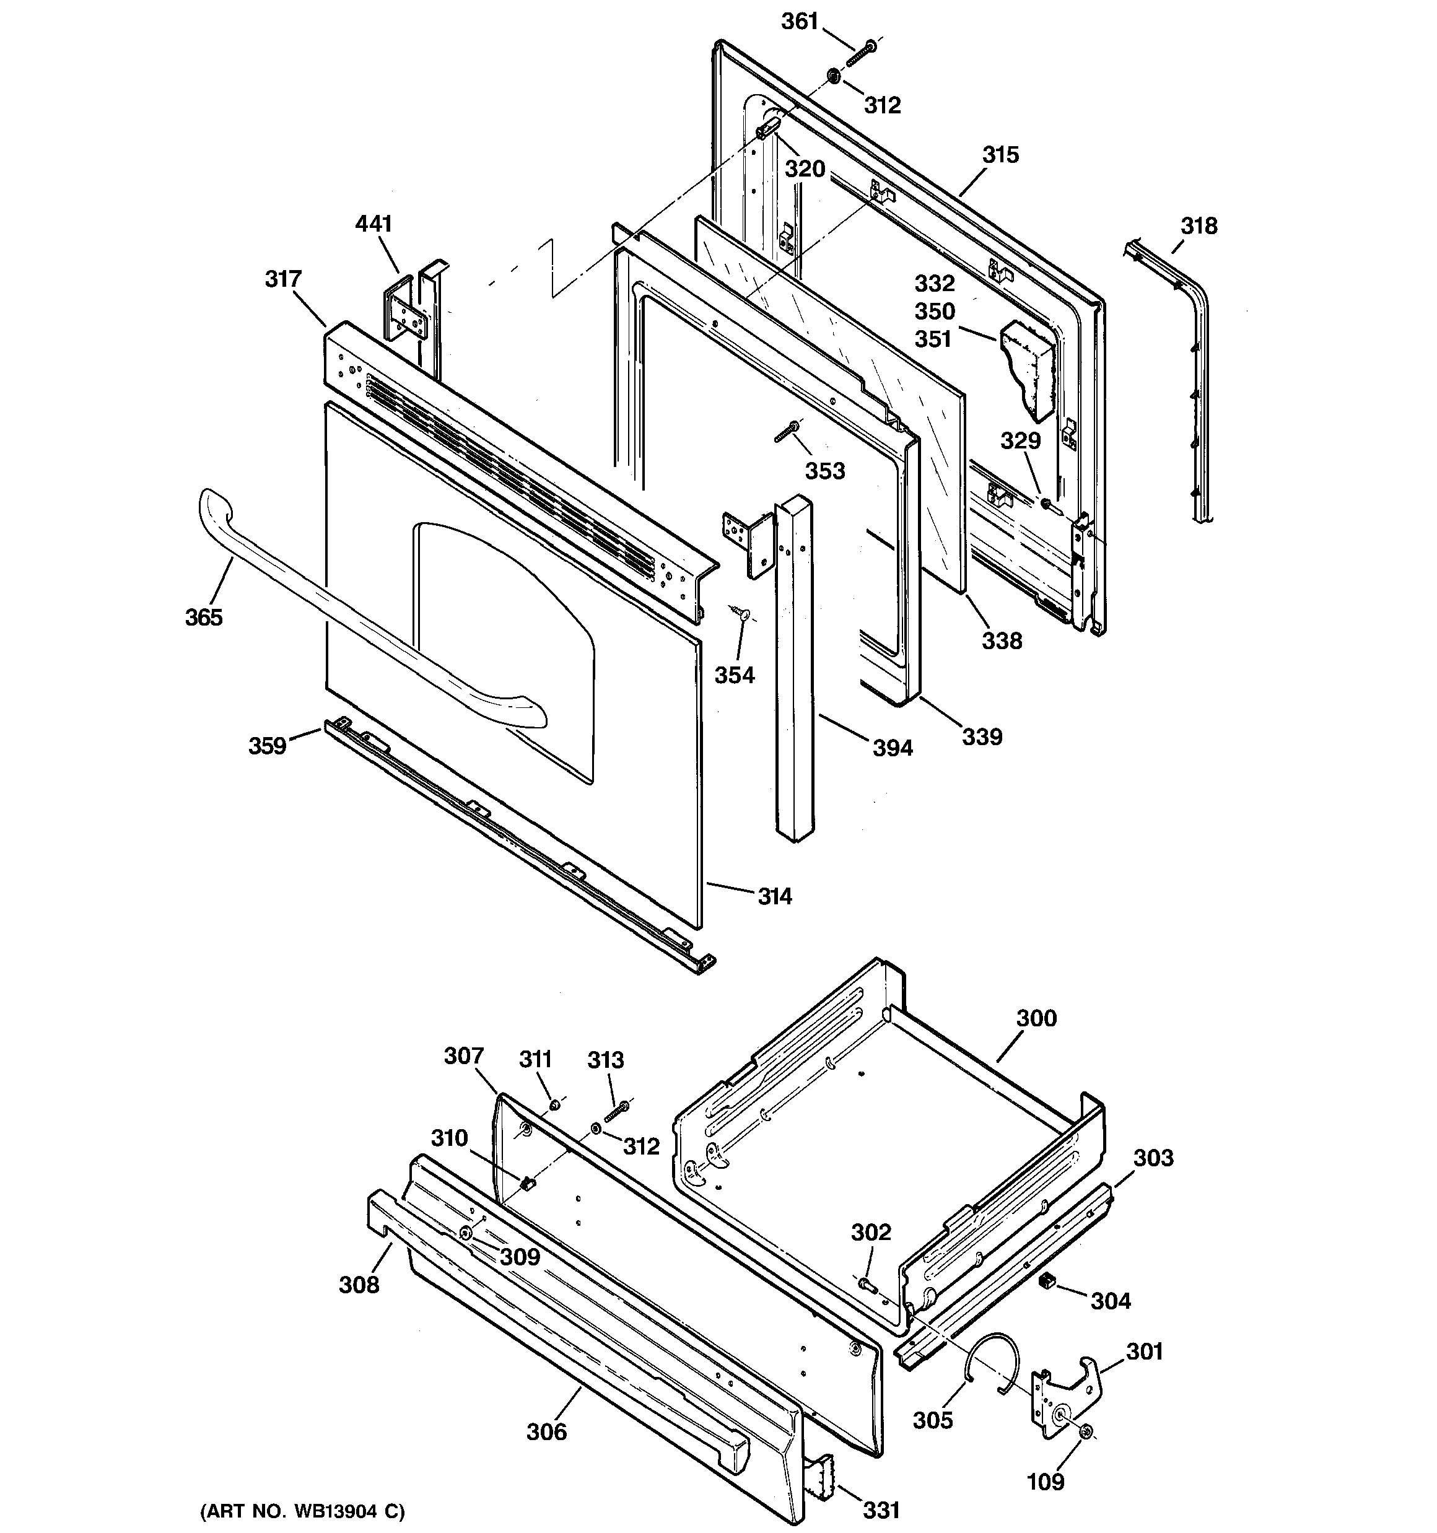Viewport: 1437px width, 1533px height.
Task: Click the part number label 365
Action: (204, 617)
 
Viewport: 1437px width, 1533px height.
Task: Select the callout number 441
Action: (373, 224)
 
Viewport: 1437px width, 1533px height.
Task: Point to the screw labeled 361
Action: (862, 53)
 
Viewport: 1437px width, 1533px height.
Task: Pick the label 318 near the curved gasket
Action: (1199, 226)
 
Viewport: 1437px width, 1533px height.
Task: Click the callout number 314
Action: (774, 896)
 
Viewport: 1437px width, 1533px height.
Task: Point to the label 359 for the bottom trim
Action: (267, 746)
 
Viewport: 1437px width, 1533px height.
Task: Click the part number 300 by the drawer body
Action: (1036, 1019)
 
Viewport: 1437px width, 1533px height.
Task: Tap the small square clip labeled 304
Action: (1047, 1281)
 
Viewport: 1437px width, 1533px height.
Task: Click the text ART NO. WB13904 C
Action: (302, 1511)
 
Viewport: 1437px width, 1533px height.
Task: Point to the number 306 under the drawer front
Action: (546, 1432)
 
